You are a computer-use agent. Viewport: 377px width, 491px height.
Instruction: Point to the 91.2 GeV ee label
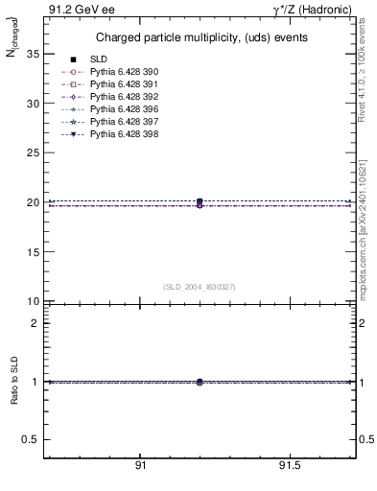pos(75,10)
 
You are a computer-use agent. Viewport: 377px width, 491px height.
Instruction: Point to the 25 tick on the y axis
pos(32,152)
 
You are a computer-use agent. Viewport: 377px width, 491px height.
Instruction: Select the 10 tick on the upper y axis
pos(32,301)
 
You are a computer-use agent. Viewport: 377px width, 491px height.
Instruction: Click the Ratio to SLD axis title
pos(14,382)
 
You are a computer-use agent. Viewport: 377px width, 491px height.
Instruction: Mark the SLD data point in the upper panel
pos(200,202)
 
